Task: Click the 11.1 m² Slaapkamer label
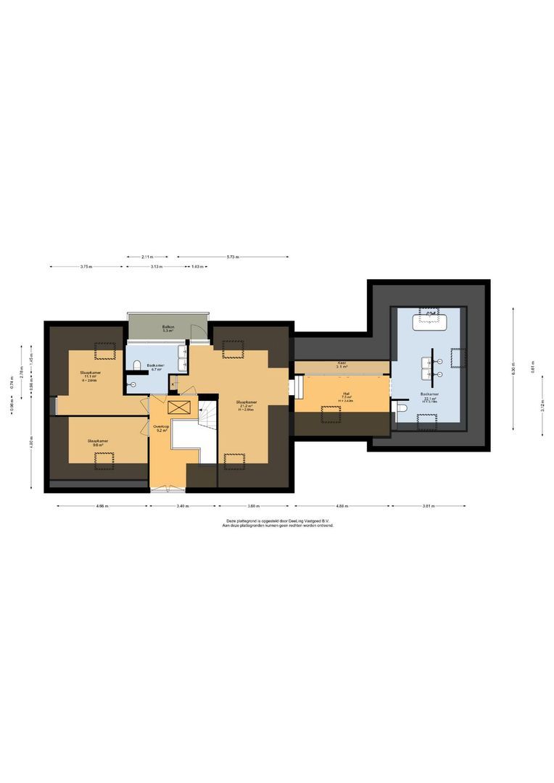91,376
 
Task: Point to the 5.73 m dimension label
232,257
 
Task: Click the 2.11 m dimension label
147,257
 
